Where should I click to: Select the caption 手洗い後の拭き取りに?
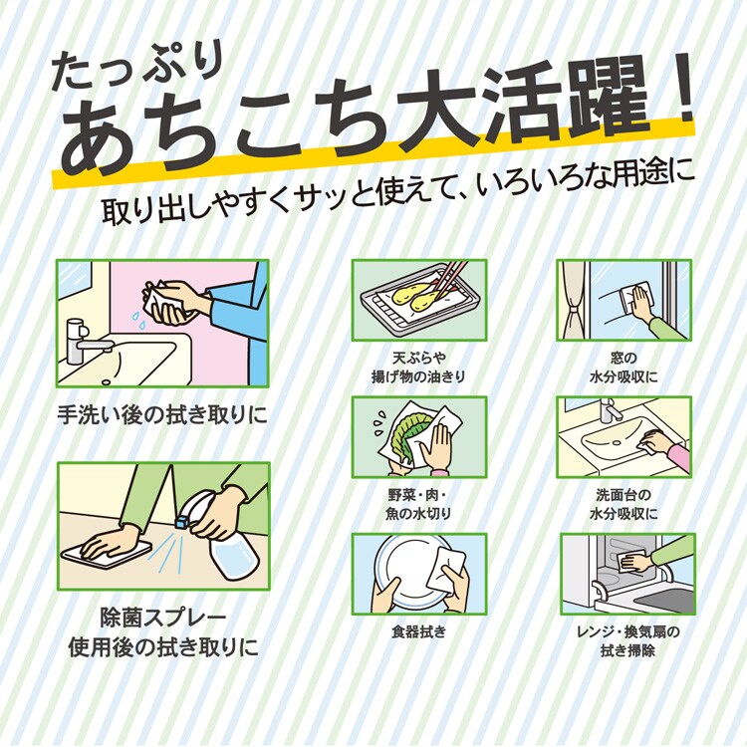(162, 415)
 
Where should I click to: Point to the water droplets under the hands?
(139, 314)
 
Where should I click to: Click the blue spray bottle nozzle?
(182, 519)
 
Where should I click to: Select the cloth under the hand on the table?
(107, 555)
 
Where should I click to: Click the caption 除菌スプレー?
(163, 619)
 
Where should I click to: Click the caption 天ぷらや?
(419, 358)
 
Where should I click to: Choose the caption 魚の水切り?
(418, 514)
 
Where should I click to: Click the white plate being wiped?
(409, 572)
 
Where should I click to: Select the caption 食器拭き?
(418, 631)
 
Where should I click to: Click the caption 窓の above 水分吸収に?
(623, 358)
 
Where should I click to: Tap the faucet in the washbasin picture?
(609, 409)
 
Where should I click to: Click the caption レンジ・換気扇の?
(627, 632)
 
